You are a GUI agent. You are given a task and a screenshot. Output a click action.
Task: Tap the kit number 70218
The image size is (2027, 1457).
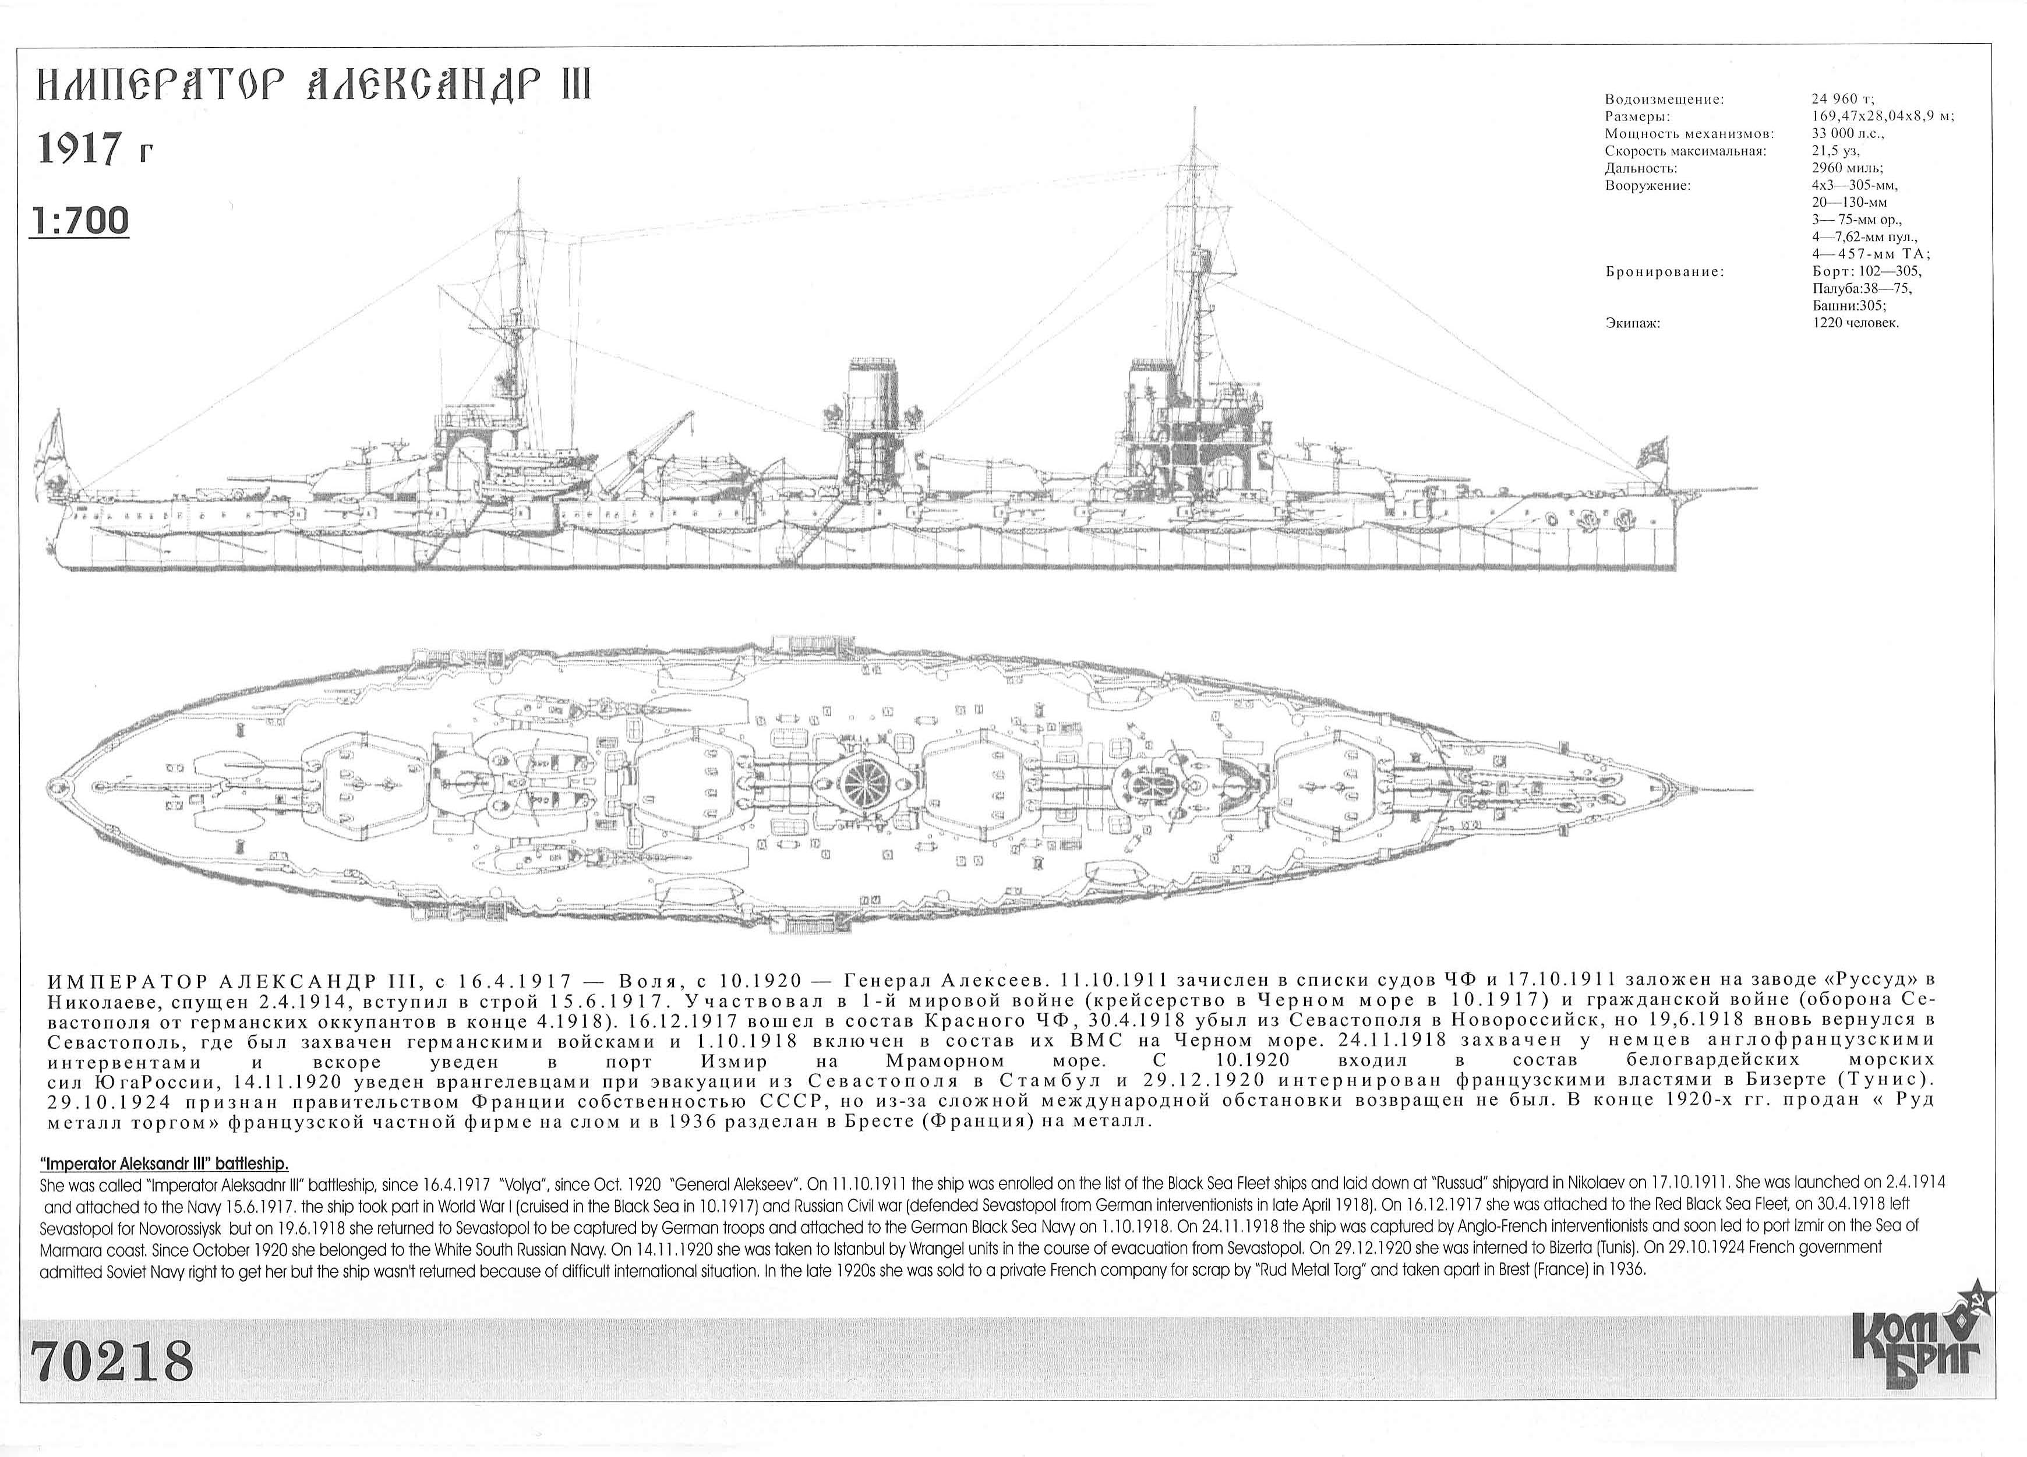tap(112, 1361)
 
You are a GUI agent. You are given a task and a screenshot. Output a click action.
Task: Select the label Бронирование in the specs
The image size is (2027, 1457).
tap(1664, 271)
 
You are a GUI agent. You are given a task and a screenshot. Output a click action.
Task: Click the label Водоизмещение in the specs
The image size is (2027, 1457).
tap(1664, 99)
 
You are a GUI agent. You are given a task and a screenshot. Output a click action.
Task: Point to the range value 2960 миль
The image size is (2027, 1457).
tap(1846, 168)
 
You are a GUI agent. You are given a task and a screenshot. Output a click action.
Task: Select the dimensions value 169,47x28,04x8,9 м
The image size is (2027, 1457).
tap(1882, 116)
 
